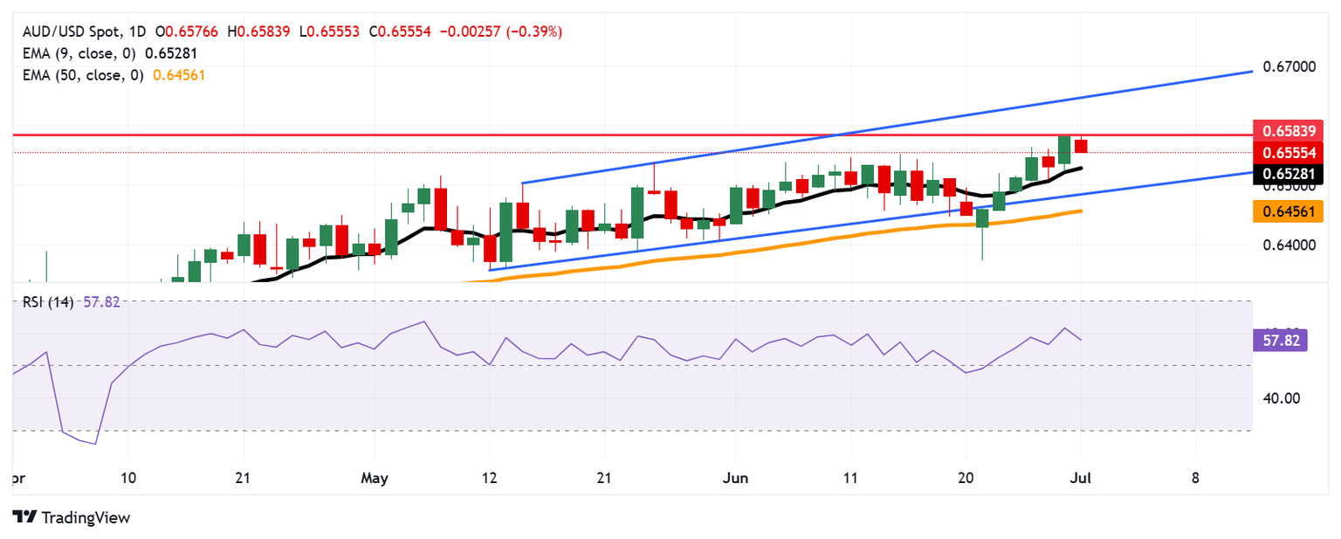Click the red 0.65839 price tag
pyautogui.click(x=1288, y=131)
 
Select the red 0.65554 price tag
pyautogui.click(x=1288, y=152)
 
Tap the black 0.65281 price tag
pyautogui.click(x=1288, y=174)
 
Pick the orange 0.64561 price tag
pyautogui.click(x=1288, y=211)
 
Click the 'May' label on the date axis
pyautogui.click(x=374, y=479)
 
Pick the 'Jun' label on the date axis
pyautogui.click(x=735, y=479)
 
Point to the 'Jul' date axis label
pyautogui.click(x=1081, y=479)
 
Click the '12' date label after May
pyautogui.click(x=490, y=479)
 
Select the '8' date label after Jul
pyautogui.click(x=1195, y=479)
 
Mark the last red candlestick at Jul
pyautogui.click(x=1081, y=145)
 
